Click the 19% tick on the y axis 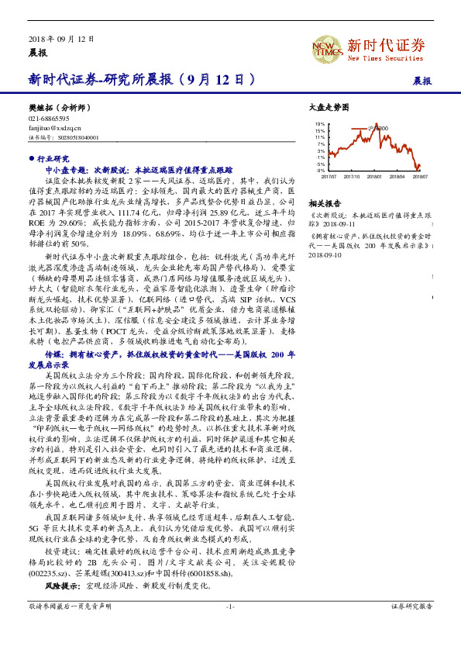(320, 124)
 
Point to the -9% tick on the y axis (320, 171)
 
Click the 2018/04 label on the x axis (398, 177)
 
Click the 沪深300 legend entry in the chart (380, 127)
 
